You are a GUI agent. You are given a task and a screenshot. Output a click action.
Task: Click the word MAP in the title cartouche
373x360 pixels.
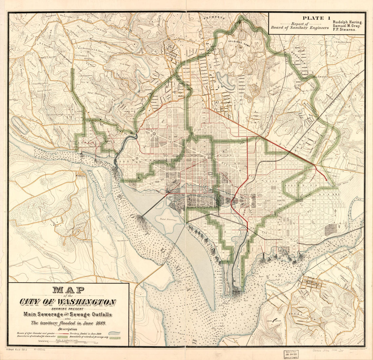[68, 291]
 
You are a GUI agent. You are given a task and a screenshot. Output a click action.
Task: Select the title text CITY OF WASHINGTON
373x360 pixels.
[68, 302]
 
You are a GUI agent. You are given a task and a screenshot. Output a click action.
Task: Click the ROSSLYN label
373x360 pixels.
[81, 176]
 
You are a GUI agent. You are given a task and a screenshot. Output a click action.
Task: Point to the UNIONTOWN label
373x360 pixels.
[310, 281]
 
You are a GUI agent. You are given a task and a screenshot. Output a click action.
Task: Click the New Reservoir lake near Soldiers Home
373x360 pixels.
[225, 81]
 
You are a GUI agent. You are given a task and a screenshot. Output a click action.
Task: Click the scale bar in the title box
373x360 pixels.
[68, 342]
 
